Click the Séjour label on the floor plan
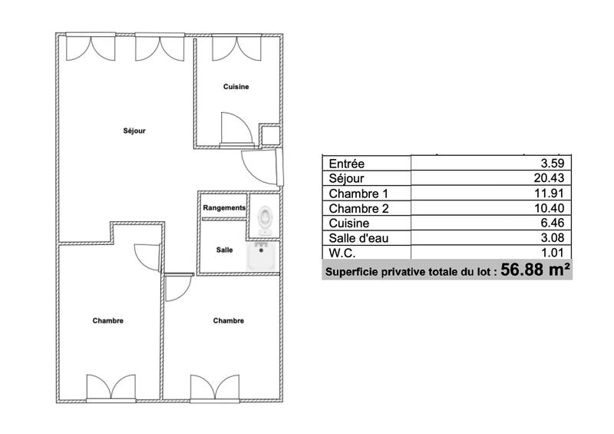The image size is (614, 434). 134,131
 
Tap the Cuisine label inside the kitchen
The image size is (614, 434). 236,87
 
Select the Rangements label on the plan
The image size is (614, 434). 224,207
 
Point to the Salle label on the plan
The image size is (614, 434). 224,250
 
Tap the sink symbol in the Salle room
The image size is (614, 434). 260,256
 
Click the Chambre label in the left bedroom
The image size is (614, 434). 107,321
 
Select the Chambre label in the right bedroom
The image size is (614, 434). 229,321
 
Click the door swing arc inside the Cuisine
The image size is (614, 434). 232,125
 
